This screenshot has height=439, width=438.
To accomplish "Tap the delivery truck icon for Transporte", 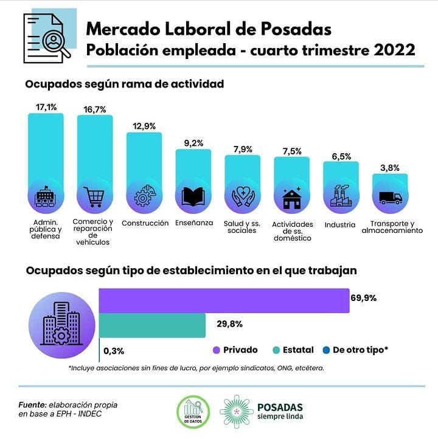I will [390, 198].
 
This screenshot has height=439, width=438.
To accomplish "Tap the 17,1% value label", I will [46, 107].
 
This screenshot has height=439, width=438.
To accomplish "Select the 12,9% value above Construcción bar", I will [144, 126].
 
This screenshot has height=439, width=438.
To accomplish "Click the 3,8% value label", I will [390, 167].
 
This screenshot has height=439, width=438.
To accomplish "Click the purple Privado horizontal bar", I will [224, 301].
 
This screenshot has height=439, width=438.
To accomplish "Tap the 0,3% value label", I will [114, 351].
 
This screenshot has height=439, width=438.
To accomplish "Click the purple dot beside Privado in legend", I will [215, 350].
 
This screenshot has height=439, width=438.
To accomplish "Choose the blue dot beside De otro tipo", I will [326, 350].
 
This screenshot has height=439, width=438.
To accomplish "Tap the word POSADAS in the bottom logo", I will [280, 407].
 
